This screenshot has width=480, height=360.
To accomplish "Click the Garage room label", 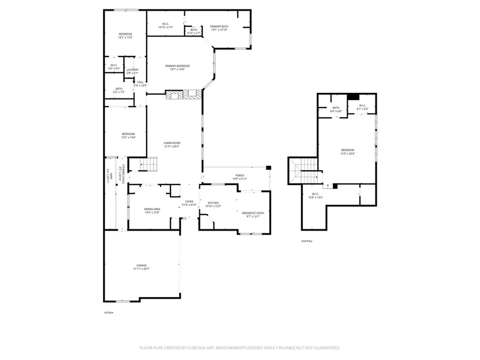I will click(141, 267).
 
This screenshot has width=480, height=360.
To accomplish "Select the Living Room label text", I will click(172, 144).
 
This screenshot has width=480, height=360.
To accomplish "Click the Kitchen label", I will click(213, 204).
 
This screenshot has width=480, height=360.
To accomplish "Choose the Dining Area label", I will click(152, 211).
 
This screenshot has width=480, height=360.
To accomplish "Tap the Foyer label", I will click(189, 203).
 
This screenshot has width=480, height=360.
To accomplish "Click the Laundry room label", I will click(132, 71).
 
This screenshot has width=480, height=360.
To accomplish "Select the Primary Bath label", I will click(219, 27).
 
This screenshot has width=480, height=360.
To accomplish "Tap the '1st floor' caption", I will click(108, 312).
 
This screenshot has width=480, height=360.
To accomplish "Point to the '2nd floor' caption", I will click(307, 241).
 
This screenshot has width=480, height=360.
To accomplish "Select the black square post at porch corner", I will click(268, 168).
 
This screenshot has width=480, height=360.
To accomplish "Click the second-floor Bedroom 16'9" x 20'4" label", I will click(348, 151).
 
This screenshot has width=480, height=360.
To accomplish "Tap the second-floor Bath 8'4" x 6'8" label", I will click(335, 109).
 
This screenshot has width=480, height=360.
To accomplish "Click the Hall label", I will click(140, 83).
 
